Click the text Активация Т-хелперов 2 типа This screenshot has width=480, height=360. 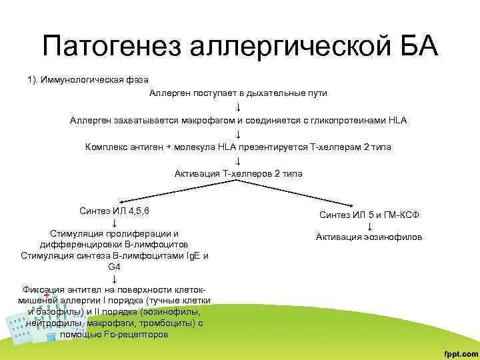(x=238, y=173)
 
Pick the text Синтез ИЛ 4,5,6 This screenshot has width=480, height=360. (x=114, y=211)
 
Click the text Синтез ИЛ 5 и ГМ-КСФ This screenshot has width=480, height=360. (x=369, y=215)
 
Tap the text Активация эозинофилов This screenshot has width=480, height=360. (x=369, y=237)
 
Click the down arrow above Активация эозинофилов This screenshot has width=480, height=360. (x=369, y=226)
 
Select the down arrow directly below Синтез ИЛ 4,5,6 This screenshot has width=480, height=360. (x=115, y=222)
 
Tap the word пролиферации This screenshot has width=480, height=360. (x=141, y=233)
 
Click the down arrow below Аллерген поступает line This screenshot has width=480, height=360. (x=238, y=107)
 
